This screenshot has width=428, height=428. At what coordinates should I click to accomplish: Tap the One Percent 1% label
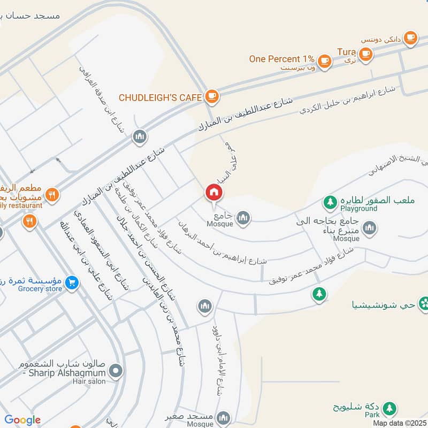pyautogui.click(x=281, y=59)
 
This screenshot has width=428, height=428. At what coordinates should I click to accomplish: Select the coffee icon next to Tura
pyautogui.click(x=366, y=53)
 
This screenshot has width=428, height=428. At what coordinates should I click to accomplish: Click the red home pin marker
pyautogui.click(x=213, y=192)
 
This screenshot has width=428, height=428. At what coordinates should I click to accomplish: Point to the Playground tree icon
pyautogui.click(x=330, y=202)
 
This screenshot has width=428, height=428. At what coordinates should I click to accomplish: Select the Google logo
pyautogui.click(x=22, y=421)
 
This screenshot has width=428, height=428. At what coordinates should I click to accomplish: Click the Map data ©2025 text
pyautogui.click(x=399, y=423)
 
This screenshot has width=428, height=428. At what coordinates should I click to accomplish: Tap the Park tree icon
pyautogui.click(x=390, y=408)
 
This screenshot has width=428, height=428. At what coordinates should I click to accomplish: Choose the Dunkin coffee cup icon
pyautogui.click(x=410, y=37)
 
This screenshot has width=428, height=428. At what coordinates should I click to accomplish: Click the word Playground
pyautogui.click(x=362, y=209)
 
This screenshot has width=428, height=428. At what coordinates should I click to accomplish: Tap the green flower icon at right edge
pyautogui.click(x=423, y=303)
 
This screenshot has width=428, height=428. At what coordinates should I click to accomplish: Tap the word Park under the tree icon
pyautogui.click(x=373, y=415)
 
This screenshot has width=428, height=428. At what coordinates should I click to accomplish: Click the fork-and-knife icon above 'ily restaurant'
pyautogui.click(x=52, y=195)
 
